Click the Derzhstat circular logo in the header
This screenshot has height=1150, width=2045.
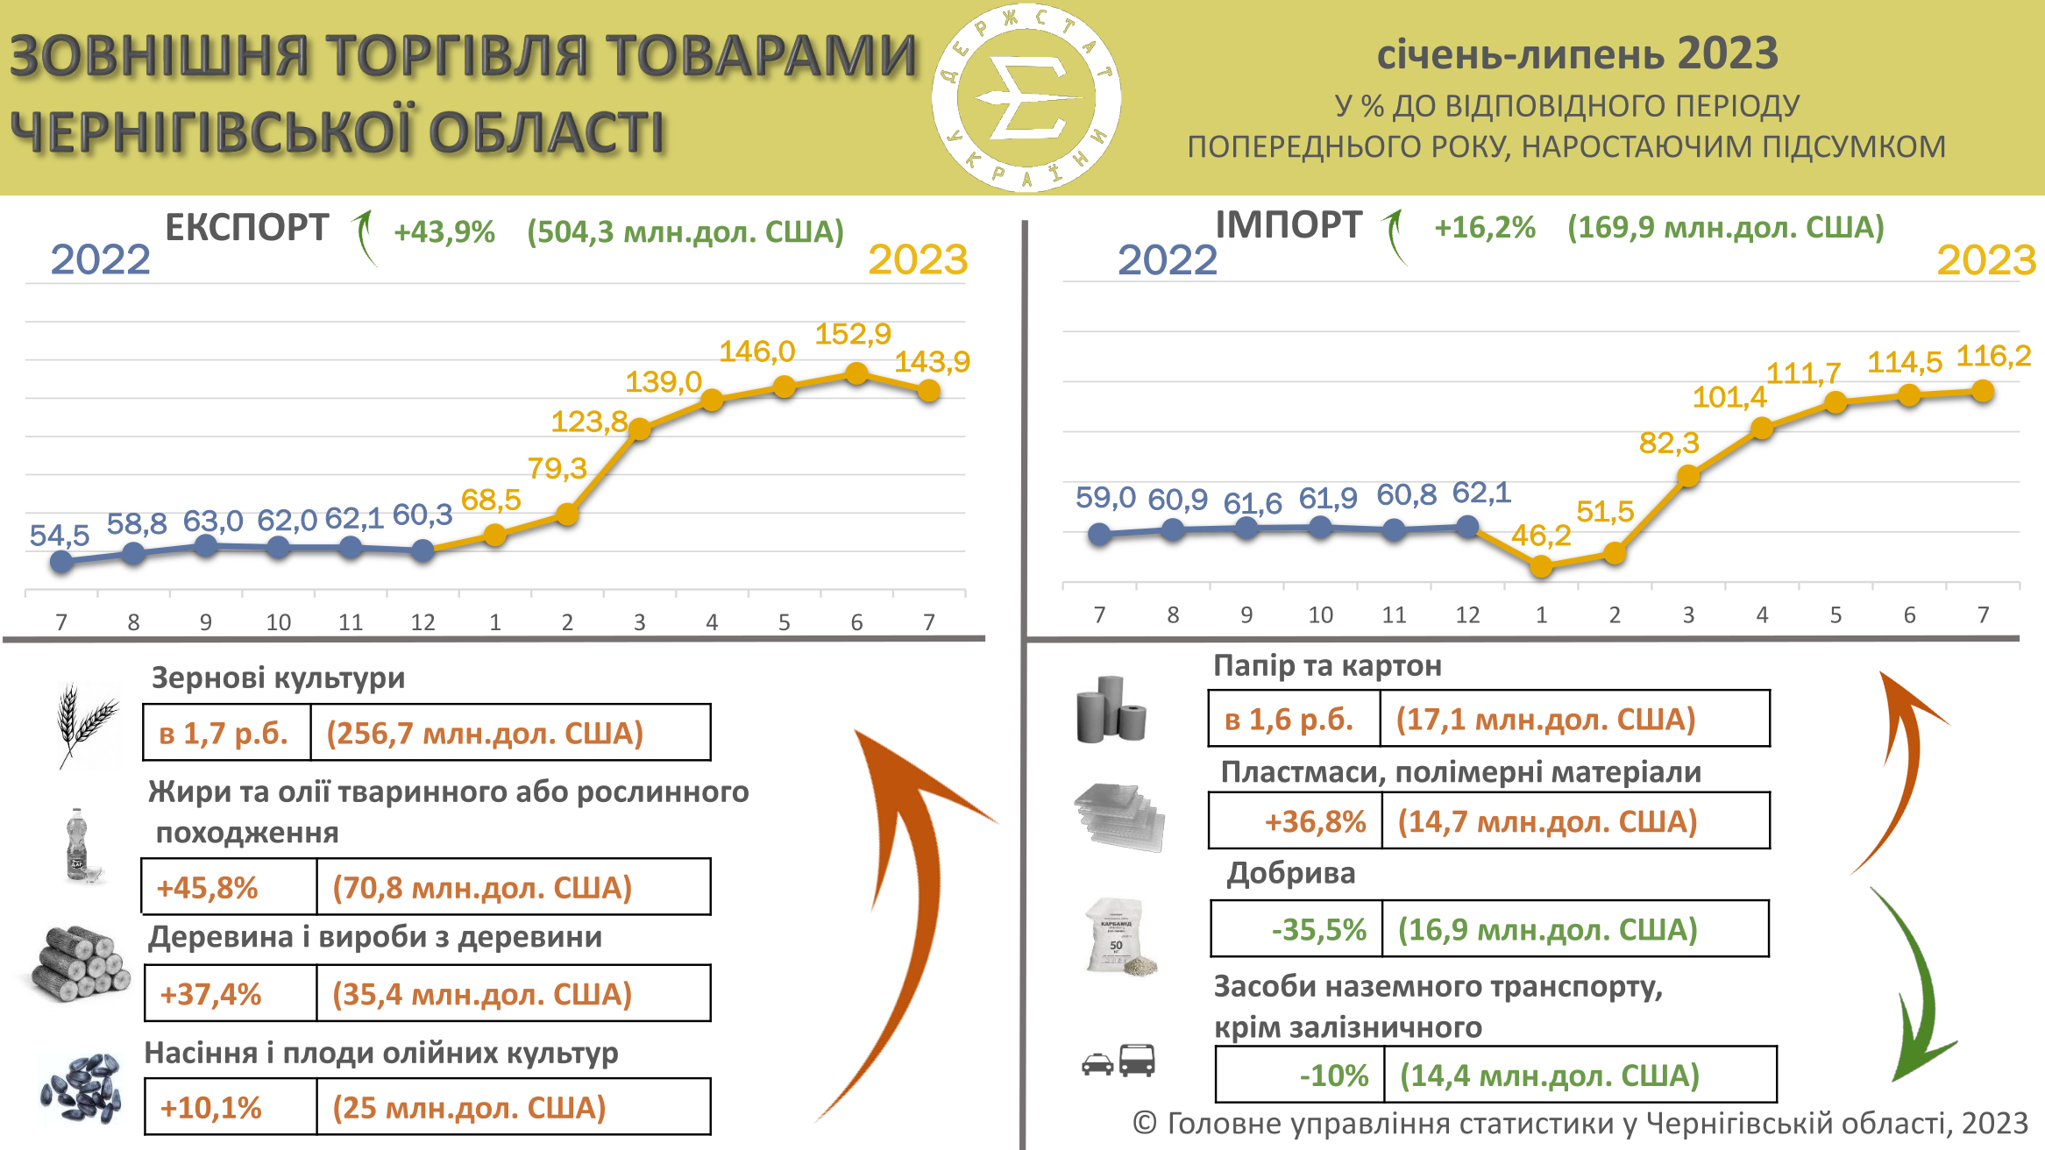(x=1026, y=96)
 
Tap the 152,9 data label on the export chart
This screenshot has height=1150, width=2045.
(x=852, y=334)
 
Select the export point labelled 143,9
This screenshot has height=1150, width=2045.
(x=929, y=391)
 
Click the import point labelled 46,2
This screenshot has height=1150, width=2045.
(x=1541, y=566)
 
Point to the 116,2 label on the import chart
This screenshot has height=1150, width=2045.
(x=1993, y=356)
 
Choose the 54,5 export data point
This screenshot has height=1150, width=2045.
(x=61, y=561)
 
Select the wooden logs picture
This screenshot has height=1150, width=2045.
(x=79, y=964)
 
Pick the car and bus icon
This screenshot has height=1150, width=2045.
(x=1118, y=1062)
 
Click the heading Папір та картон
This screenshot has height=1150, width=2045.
(x=1327, y=666)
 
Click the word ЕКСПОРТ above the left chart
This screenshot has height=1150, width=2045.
(x=246, y=228)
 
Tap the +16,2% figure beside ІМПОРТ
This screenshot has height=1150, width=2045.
(x=1484, y=228)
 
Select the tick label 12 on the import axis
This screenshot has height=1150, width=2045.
(x=1467, y=615)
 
